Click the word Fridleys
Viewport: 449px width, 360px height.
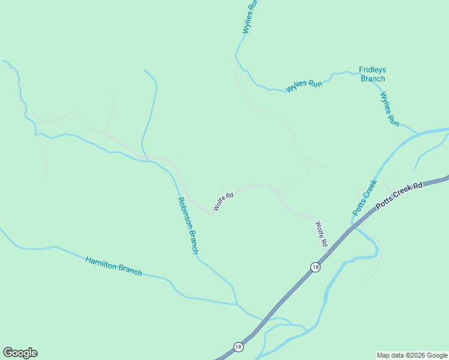point(372,70)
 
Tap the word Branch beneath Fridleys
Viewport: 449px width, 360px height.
point(372,79)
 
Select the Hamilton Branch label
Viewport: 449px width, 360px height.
point(113,266)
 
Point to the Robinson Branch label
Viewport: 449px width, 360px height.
point(187,226)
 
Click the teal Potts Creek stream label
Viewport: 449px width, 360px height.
point(364,197)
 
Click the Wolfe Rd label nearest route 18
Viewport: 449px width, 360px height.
point(321,234)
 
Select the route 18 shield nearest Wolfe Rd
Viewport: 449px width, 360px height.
point(315,267)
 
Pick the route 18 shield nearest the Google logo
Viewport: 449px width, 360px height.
point(238,347)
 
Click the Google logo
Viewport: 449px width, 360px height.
point(20,353)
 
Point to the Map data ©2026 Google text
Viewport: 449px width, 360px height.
point(412,355)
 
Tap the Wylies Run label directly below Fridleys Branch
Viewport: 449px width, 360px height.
point(390,109)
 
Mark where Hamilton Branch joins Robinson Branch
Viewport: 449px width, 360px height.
point(237,304)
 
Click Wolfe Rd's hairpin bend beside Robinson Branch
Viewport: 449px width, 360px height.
point(213,212)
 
